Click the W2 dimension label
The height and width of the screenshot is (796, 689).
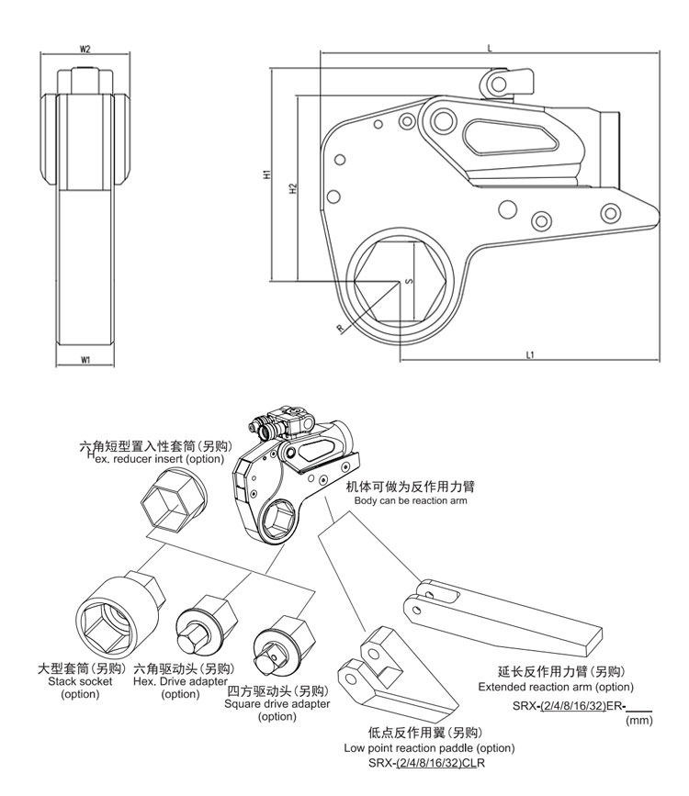(x=85, y=50)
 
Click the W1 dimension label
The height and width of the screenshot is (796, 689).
(x=85, y=360)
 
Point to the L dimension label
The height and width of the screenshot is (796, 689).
(x=490, y=47)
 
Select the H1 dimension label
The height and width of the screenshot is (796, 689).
(x=265, y=174)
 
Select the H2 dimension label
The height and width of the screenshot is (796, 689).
(x=291, y=189)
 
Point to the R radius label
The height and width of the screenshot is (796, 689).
(x=339, y=327)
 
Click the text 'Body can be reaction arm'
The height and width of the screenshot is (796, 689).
(x=411, y=500)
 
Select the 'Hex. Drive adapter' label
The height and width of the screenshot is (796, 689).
(x=180, y=682)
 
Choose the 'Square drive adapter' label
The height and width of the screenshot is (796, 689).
(x=277, y=704)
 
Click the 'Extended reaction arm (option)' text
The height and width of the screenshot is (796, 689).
(x=556, y=687)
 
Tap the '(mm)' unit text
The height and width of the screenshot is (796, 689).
(x=638, y=722)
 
